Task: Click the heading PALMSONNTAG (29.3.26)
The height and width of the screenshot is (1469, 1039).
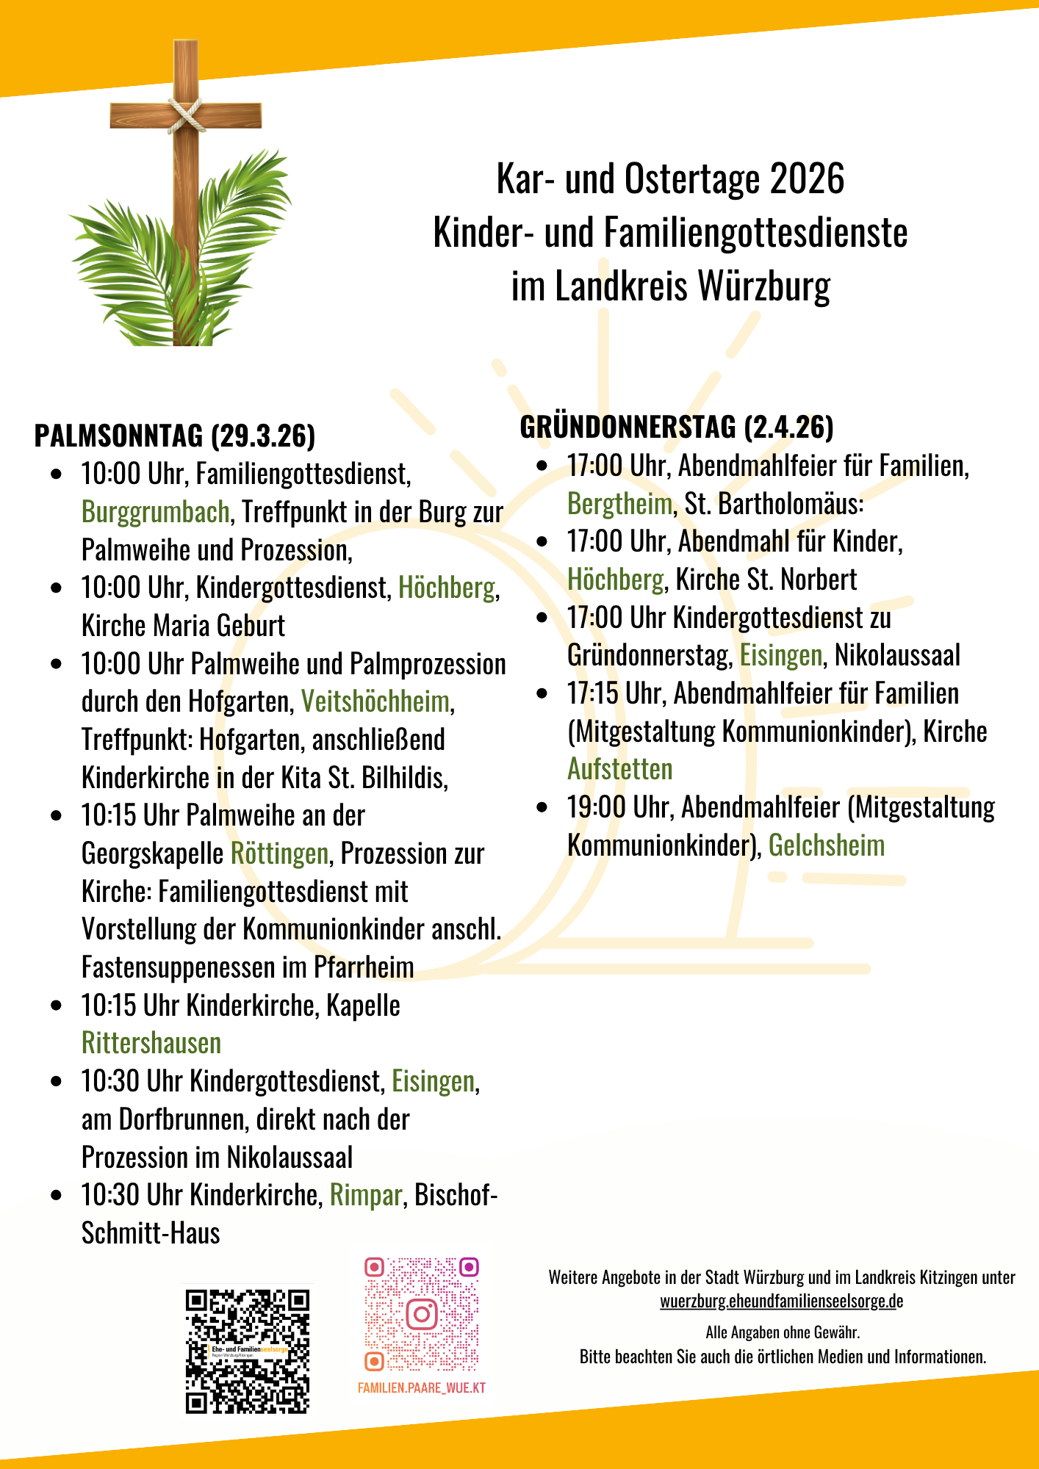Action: pyautogui.click(x=175, y=436)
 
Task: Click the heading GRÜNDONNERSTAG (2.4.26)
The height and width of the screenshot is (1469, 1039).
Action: pyautogui.click(x=677, y=427)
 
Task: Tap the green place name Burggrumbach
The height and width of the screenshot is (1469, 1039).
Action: pyautogui.click(x=156, y=512)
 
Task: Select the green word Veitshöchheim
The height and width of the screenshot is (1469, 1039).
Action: pyautogui.click(x=375, y=701)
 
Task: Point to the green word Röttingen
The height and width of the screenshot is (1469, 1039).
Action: pyautogui.click(x=279, y=853)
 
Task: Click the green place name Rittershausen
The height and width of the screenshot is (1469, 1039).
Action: pyautogui.click(x=151, y=1043)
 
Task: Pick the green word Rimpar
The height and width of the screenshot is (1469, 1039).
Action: pyautogui.click(x=365, y=1195)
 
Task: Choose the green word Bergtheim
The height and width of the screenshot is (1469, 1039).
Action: pyautogui.click(x=619, y=504)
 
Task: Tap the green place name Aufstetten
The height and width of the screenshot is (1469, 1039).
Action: pyautogui.click(x=619, y=769)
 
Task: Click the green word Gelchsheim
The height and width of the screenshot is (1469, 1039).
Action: pyautogui.click(x=826, y=845)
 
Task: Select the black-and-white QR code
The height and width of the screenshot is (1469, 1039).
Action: pyautogui.click(x=248, y=1351)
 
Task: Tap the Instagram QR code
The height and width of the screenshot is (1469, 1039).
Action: pyautogui.click(x=422, y=1313)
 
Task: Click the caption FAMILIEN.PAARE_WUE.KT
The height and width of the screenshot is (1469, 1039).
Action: pyautogui.click(x=422, y=1387)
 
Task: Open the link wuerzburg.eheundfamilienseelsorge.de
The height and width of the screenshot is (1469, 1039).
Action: pyautogui.click(x=781, y=1301)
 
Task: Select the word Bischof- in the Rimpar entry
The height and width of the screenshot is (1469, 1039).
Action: pyautogui.click(x=456, y=1195)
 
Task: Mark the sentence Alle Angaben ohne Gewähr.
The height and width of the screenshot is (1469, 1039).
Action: pyautogui.click(x=783, y=1332)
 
